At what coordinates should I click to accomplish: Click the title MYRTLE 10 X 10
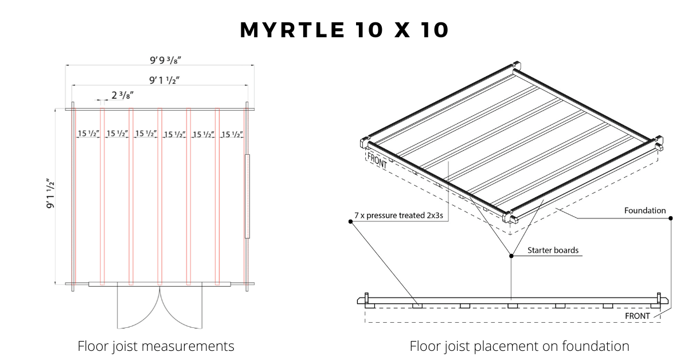tap(344, 30)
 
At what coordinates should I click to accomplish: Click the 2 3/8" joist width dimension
tap(123, 95)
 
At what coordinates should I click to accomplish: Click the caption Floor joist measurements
tap(156, 346)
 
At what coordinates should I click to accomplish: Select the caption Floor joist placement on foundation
tap(519, 346)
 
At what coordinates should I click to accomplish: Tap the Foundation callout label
tap(645, 210)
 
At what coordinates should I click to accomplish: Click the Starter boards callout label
tap(553, 251)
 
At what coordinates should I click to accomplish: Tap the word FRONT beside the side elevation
tap(637, 316)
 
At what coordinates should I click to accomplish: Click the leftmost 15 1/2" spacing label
tap(89, 134)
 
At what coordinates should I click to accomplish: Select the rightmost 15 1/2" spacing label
tap(232, 134)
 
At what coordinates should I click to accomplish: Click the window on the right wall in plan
tap(248, 196)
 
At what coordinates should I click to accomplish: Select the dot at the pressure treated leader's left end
tap(350, 221)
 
